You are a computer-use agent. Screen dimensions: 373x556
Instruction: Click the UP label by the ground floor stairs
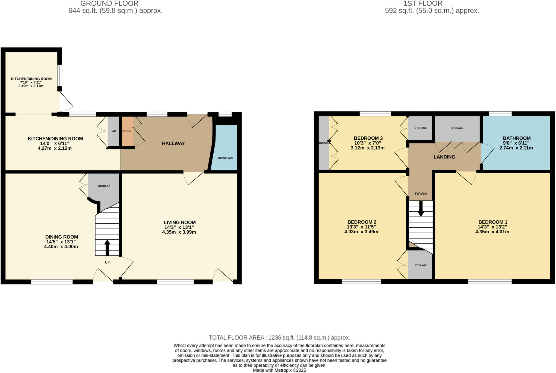coord(107,262)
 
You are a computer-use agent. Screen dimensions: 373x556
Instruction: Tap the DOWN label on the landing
coord(421,194)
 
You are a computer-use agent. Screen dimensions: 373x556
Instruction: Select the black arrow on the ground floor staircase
coord(107,247)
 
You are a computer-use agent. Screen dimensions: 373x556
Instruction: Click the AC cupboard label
coord(114,131)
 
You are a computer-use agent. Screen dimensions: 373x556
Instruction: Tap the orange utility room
coord(127,131)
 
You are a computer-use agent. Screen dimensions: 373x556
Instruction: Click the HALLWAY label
coord(173,143)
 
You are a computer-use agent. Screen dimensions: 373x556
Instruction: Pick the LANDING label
coord(444,157)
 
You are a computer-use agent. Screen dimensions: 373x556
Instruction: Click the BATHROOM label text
coord(516,138)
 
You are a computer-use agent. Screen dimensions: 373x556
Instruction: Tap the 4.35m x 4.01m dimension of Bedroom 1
coord(492,232)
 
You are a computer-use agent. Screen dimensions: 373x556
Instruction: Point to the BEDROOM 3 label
coord(368,138)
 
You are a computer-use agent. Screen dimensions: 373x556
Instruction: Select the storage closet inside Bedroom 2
coord(420,265)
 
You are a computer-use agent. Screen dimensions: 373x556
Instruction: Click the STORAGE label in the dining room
coord(104,186)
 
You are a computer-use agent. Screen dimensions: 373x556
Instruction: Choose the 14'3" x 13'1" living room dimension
coord(179,227)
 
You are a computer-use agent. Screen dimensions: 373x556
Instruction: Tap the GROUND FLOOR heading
coord(109,4)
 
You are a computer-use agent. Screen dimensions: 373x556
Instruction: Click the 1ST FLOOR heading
coord(423,4)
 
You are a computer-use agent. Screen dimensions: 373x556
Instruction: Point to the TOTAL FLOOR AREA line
coord(279,338)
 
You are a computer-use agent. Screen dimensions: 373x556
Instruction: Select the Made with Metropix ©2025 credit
coord(279,370)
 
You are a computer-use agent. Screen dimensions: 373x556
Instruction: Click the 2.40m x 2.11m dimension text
coord(31,86)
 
